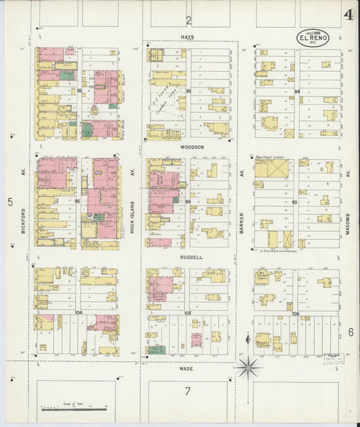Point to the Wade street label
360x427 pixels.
pyautogui.click(x=187, y=368)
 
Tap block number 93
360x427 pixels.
pyautogui.click(x=295, y=202)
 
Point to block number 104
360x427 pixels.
pyautogui.click(x=78, y=312)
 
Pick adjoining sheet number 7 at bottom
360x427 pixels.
pyautogui.click(x=188, y=391)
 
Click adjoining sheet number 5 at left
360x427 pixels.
pyautogui.click(x=9, y=201)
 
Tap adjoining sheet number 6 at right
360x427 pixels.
pyautogui.click(x=351, y=332)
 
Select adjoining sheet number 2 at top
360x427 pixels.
pyautogui.click(x=190, y=20)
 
